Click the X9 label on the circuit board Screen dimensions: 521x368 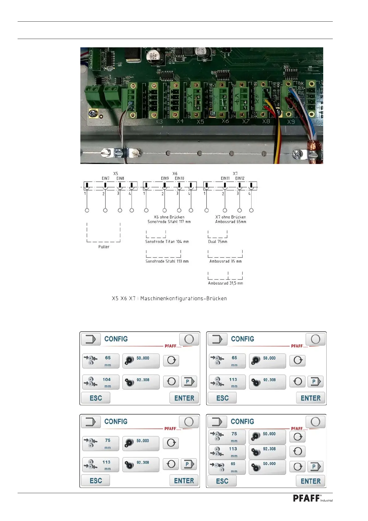[x=291, y=122]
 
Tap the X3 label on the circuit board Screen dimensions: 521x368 [x=159, y=122]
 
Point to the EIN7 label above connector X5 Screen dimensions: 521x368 [x=106, y=178]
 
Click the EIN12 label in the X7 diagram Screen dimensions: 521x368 [x=240, y=178]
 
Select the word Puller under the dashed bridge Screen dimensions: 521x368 [x=104, y=247]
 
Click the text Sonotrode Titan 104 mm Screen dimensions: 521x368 [x=167, y=242]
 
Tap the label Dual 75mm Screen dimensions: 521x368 [x=218, y=242]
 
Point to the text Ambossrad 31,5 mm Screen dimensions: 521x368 [x=225, y=283]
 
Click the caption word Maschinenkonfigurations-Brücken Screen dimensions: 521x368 [x=184, y=299]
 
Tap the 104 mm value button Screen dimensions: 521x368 [x=101, y=382]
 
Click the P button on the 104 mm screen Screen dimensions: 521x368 [x=188, y=381]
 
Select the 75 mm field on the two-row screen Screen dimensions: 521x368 [x=101, y=443]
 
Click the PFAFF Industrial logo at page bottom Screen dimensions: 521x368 [x=312, y=498]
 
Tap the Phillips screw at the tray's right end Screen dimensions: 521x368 [x=297, y=153]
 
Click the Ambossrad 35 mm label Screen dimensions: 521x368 [x=225, y=261]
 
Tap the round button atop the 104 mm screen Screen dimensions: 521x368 [x=189, y=339]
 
